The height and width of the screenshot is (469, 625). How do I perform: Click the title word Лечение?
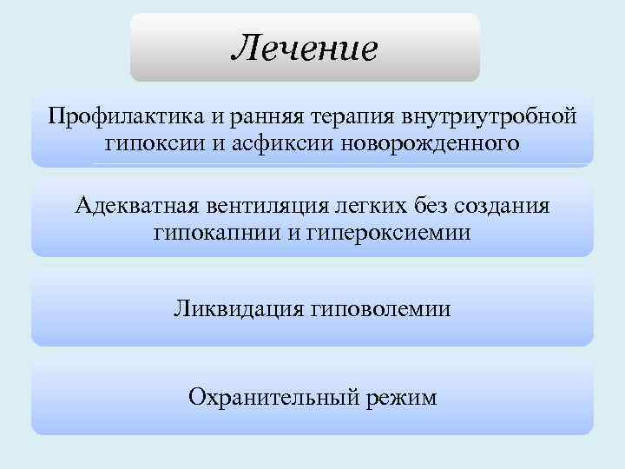tap(305, 48)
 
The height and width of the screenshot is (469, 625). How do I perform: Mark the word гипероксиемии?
tap(381, 233)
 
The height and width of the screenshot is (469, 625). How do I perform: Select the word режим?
tap(401, 398)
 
